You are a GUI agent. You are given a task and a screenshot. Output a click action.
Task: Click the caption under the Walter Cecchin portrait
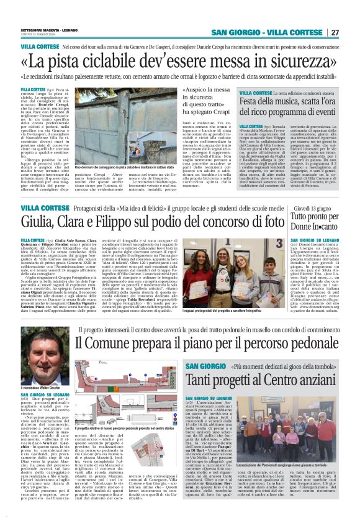(x=41, y=405)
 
